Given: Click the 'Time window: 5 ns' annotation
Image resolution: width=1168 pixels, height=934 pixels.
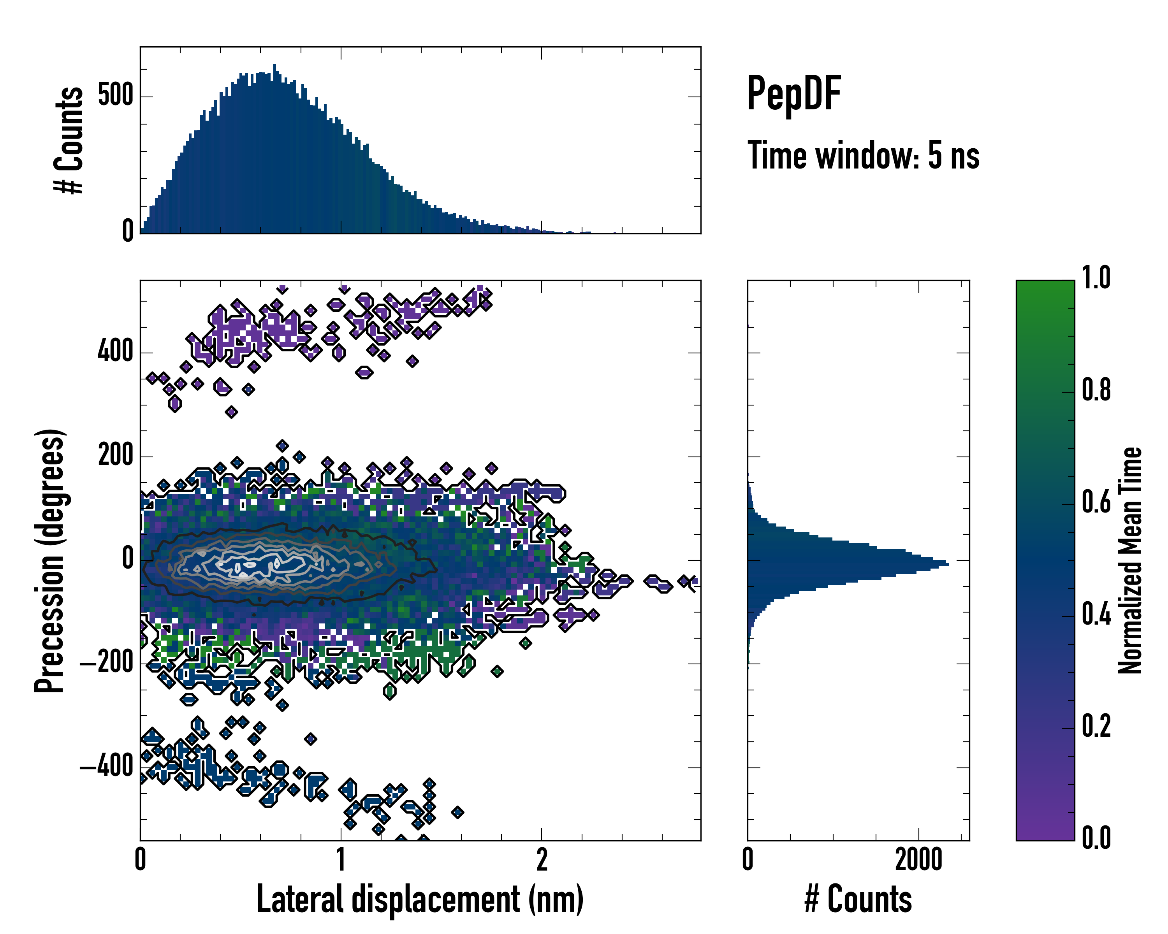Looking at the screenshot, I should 863,155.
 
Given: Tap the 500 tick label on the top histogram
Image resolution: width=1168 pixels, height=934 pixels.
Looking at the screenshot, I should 115,97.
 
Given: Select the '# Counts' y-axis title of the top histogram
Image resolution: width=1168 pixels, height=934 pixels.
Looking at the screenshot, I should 69,140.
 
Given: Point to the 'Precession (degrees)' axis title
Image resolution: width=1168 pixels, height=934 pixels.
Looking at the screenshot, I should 49,560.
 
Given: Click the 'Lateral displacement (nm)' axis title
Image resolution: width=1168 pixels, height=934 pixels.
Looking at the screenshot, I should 420,899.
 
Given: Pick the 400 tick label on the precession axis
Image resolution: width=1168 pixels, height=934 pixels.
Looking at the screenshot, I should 115,352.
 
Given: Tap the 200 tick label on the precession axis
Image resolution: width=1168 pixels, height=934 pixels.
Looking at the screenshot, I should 115,456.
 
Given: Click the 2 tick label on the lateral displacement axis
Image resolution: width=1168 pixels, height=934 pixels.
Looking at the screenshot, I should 542,860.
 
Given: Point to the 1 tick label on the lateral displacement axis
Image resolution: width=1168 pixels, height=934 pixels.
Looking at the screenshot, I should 341,860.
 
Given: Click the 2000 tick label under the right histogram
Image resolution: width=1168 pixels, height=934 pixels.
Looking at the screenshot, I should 918,860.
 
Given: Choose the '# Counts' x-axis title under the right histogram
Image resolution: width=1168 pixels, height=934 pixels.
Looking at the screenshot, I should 858,899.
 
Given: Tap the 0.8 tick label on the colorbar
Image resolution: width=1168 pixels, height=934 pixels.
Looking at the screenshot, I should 1096,390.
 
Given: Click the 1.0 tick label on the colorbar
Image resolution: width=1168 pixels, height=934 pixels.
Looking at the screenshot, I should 1096,278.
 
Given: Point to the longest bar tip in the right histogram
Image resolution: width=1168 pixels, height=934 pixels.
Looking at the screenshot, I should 948,564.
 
